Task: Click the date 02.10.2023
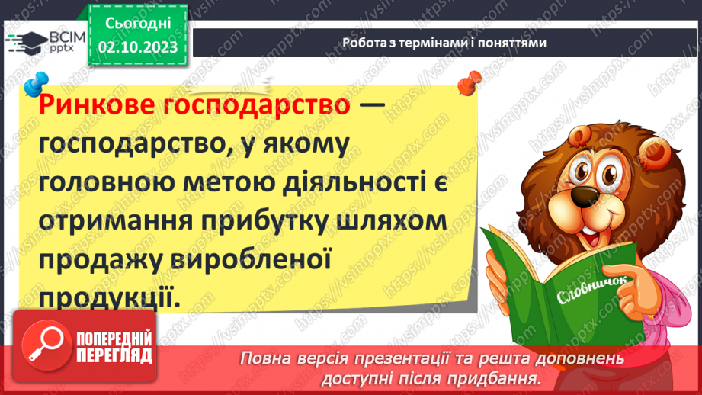[x=137, y=47]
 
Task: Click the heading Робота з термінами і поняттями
[x=444, y=43]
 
